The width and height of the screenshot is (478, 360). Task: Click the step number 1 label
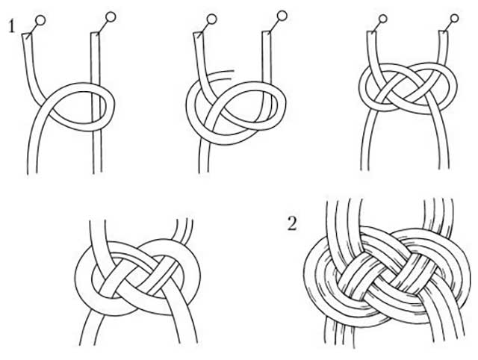coord(12,26)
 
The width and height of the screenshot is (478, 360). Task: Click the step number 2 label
coord(292,224)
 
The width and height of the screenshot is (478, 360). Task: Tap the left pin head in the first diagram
coord(40,20)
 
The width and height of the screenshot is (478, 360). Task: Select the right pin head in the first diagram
coord(111,16)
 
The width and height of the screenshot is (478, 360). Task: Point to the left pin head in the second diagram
coord(211,19)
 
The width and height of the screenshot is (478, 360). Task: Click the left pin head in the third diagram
coord(383,19)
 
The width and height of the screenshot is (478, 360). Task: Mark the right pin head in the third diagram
coord(455,18)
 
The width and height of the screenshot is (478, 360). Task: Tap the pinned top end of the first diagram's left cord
coord(26,35)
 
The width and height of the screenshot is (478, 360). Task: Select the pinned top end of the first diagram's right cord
coord(95,33)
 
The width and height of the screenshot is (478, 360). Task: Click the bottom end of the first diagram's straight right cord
coord(98,173)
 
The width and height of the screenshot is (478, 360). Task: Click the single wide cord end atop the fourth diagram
coord(98,221)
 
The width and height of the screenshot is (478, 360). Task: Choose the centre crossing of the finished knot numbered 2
coord(385,274)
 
